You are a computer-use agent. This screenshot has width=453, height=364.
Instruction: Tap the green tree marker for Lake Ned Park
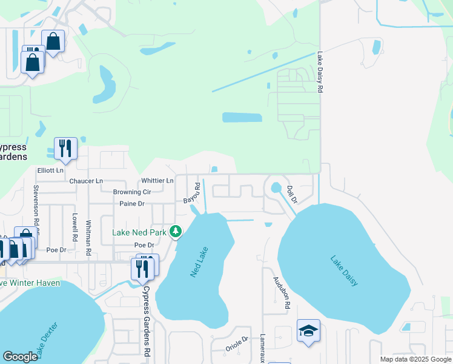pos(176,231)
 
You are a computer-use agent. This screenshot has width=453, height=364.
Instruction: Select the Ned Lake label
pos(199,262)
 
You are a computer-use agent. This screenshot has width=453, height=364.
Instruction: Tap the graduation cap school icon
pos(308,331)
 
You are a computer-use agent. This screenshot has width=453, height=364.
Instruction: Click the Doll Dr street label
pos(292,194)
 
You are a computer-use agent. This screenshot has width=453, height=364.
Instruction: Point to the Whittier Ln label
pos(157,181)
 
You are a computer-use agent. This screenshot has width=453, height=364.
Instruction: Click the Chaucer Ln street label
pos(86,181)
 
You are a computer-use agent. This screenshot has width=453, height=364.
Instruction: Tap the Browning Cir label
pos(131,192)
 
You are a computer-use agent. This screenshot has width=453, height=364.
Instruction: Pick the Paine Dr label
pos(131,204)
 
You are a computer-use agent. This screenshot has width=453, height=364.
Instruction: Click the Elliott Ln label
pos(50,170)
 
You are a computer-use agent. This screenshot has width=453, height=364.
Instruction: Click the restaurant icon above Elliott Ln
pos(65,148)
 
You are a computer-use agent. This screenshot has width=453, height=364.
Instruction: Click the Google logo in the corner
pos(20,357)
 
